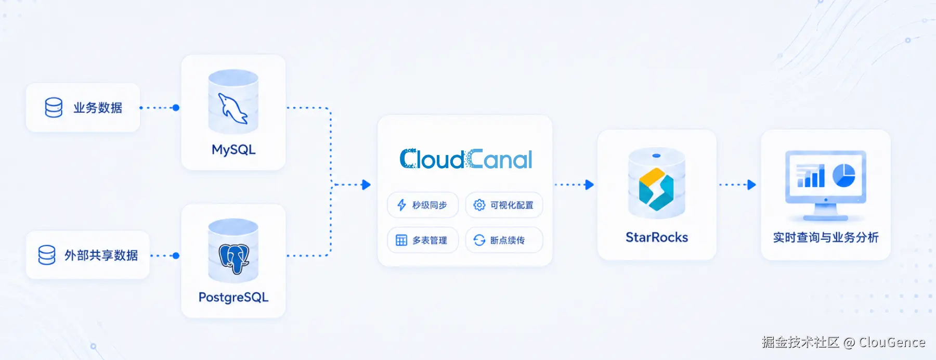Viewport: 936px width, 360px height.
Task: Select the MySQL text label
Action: [233, 150]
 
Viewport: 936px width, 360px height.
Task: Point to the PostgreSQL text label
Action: [233, 298]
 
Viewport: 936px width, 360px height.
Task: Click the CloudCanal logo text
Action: [466, 159]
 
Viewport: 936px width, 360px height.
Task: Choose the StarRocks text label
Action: [657, 237]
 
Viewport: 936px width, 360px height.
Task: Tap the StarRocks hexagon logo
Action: [656, 189]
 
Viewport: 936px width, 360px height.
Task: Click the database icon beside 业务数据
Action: [54, 108]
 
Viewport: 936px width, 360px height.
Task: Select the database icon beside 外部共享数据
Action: [47, 255]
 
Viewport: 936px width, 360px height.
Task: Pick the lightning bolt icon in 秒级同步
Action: [401, 205]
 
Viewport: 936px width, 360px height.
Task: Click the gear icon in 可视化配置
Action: [479, 205]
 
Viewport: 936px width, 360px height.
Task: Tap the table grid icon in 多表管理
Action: [401, 240]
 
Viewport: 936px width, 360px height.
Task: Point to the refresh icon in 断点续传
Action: [479, 240]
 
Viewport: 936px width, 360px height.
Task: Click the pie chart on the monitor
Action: [843, 175]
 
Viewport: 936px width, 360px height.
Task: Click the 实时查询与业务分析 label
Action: [826, 238]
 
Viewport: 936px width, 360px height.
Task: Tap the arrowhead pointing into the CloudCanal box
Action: [366, 185]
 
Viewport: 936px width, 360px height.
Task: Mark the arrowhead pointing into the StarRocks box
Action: [589, 185]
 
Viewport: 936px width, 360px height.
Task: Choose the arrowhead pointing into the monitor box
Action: [751, 185]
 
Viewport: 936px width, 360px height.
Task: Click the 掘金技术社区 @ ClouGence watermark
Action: [843, 342]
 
